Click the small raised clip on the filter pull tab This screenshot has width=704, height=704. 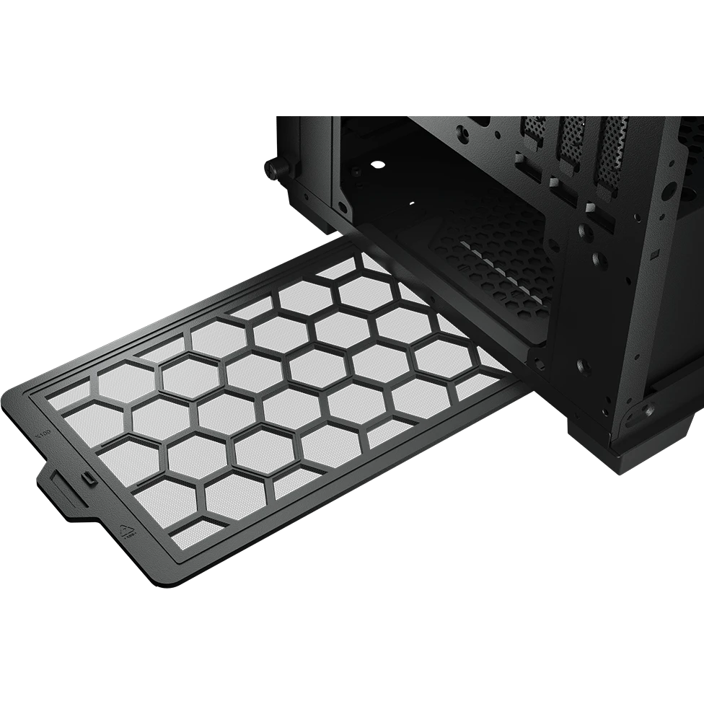point(87,477)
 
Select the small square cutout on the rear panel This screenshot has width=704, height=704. point(654,255)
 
